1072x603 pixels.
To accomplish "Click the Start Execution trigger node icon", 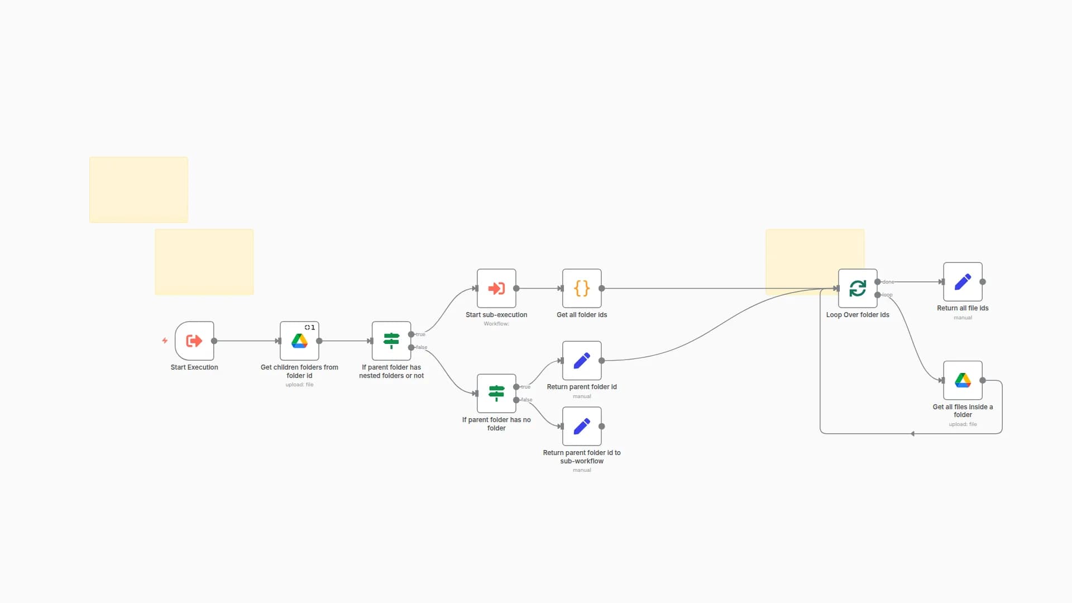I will point(194,341).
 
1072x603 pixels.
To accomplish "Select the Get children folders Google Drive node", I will point(299,341).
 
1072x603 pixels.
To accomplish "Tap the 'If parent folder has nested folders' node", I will point(391,341).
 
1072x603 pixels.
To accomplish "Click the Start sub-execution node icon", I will point(496,288).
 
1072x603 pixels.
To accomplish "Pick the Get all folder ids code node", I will point(582,288).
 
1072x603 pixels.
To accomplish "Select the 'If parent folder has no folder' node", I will point(496,393).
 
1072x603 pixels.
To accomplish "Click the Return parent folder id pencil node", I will point(582,360).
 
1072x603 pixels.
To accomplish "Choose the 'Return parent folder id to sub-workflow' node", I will point(582,426).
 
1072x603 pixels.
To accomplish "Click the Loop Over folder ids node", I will point(858,288).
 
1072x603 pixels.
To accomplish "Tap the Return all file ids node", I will point(963,281).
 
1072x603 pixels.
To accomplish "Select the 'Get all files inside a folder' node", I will point(963,380).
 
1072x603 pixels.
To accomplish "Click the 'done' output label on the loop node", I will point(888,282).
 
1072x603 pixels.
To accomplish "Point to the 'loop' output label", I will point(887,295).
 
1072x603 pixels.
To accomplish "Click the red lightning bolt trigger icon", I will point(165,341).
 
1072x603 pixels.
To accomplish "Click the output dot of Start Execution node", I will point(214,341).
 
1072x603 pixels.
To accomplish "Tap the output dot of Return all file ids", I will point(983,282).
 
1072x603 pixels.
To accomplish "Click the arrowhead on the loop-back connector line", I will point(912,434).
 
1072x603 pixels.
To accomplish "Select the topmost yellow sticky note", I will point(138,189).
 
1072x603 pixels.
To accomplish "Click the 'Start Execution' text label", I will point(194,367).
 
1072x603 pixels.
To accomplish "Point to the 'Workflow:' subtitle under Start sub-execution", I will point(496,324).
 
